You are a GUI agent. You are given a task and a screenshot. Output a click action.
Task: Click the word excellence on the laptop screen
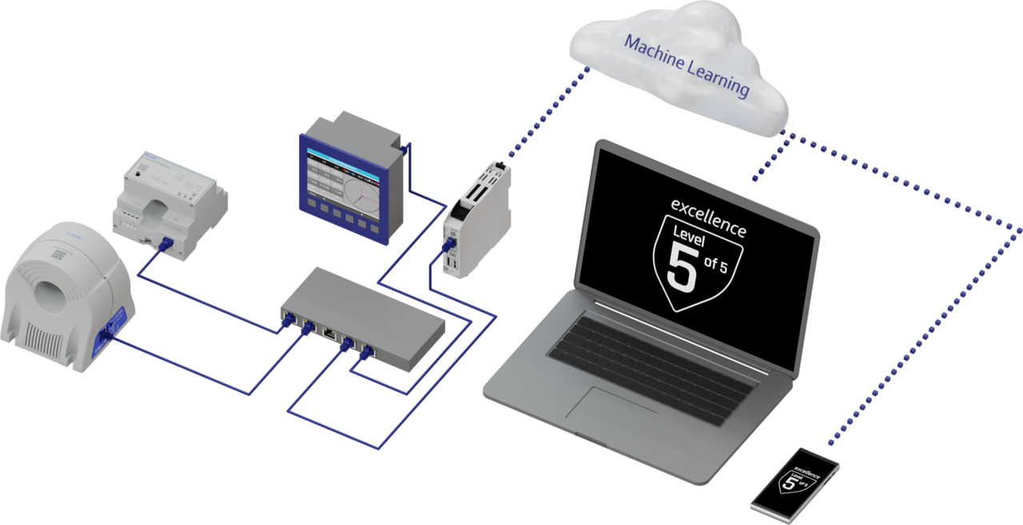[708, 217]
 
